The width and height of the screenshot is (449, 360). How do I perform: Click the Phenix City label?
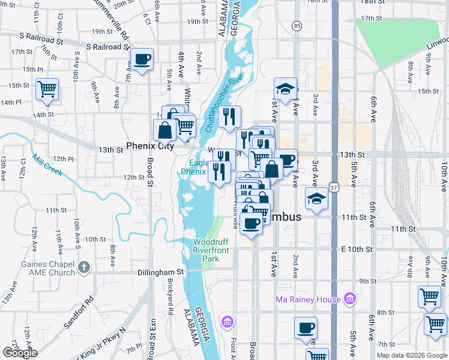click(x=149, y=146)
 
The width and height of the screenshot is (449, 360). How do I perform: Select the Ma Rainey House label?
click(x=308, y=299)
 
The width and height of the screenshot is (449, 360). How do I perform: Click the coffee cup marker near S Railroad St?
click(x=142, y=60)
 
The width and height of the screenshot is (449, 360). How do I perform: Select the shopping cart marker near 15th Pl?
click(x=47, y=90)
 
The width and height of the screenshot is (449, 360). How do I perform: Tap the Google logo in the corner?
click(x=20, y=353)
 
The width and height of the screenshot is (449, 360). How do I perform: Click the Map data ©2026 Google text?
click(x=411, y=355)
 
